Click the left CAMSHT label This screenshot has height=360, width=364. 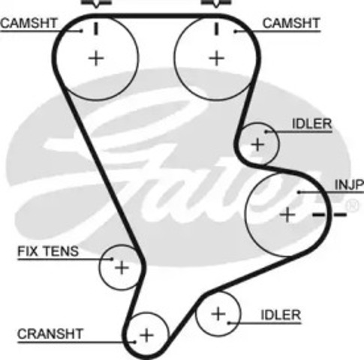[29, 23]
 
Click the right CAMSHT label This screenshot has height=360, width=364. [291, 23]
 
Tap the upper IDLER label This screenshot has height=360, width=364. [311, 124]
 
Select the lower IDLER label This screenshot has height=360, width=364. [281, 315]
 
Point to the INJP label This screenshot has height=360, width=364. [349, 184]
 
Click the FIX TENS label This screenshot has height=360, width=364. [48, 251]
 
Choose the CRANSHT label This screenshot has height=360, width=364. [50, 334]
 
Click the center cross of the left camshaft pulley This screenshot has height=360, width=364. [96, 58]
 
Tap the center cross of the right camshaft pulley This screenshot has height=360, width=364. [216, 58]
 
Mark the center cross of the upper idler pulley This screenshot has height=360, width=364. [257, 145]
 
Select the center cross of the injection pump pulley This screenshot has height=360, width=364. [287, 214]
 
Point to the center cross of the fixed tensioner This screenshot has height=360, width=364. [122, 268]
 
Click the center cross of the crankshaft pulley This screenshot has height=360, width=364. [146, 335]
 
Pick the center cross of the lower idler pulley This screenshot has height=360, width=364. [218, 314]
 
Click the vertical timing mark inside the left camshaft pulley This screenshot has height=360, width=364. [96, 28]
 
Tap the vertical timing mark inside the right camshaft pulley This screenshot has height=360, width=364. [216, 28]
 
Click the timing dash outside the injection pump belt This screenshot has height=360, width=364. [340, 214]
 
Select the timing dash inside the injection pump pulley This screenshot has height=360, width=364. [319, 214]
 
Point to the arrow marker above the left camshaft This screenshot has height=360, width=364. [97, 3]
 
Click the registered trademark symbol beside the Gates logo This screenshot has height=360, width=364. [352, 205]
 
